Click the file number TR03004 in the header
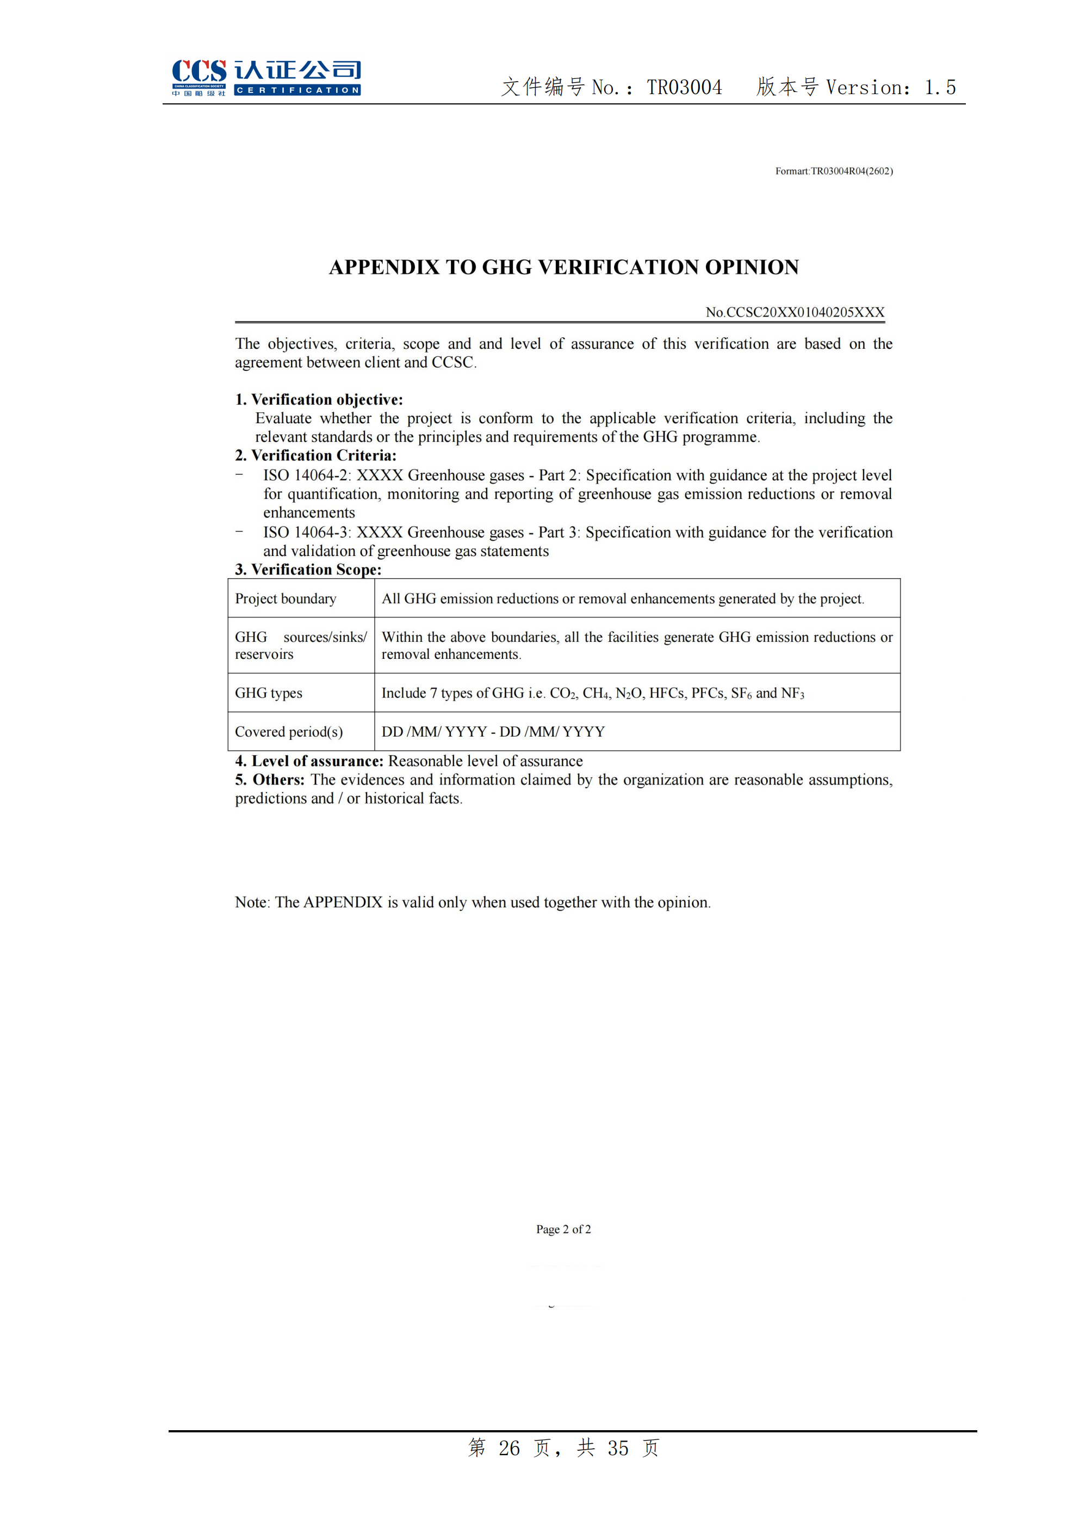(x=684, y=87)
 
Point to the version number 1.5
(x=940, y=87)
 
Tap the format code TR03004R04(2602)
(x=852, y=171)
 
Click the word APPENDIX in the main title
(x=385, y=267)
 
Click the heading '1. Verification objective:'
(x=319, y=399)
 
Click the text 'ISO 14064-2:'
(x=307, y=475)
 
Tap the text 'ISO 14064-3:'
(x=307, y=532)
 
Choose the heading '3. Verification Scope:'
(x=308, y=570)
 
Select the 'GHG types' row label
(x=268, y=693)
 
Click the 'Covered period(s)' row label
(x=289, y=732)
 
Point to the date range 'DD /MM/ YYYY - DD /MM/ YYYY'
(x=493, y=732)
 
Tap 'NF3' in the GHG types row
(x=792, y=693)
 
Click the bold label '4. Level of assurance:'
(x=309, y=761)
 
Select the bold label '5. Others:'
(x=269, y=780)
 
